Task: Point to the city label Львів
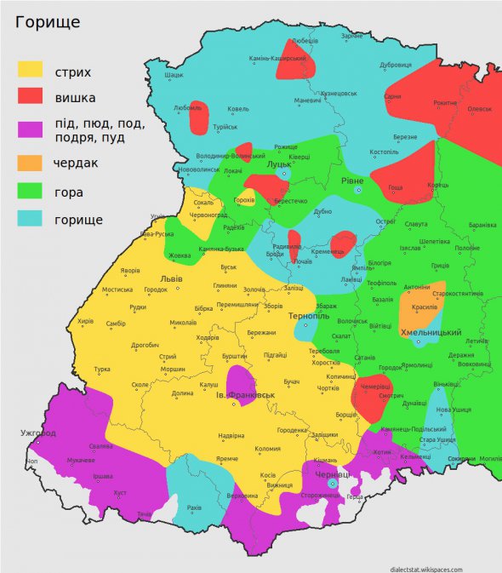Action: click(x=171, y=279)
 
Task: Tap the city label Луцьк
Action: click(x=280, y=165)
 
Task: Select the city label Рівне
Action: click(x=352, y=181)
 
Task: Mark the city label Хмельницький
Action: click(x=431, y=333)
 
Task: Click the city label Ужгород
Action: click(x=38, y=433)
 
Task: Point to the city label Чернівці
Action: click(x=333, y=473)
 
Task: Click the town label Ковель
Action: click(x=238, y=109)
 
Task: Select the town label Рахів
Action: click(x=195, y=507)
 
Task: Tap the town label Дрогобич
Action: click(x=145, y=345)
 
